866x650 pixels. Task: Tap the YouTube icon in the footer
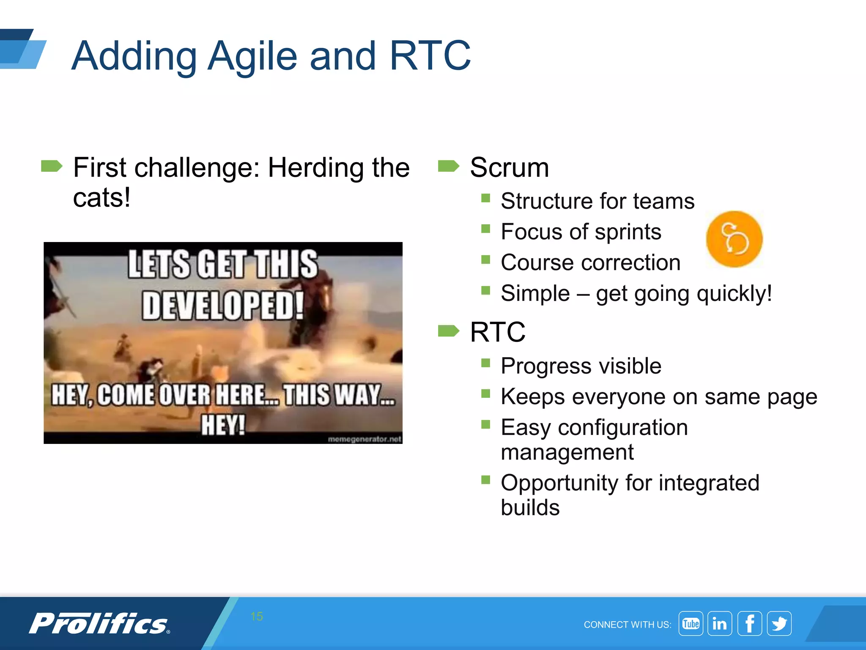point(691,623)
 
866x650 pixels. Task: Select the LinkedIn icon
point(720,623)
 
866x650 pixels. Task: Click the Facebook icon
point(749,623)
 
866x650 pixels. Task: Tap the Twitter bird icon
point(779,623)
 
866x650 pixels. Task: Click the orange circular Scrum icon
point(734,239)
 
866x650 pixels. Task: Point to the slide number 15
point(257,616)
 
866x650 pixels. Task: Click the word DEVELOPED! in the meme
point(223,305)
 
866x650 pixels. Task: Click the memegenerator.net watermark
point(364,439)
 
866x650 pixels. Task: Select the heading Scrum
point(509,167)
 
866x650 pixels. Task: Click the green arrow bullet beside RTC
point(448,331)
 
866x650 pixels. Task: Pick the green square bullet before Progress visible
point(485,363)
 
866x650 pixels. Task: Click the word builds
point(530,507)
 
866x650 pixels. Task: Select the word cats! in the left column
point(101,198)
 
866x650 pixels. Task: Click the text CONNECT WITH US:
point(627,625)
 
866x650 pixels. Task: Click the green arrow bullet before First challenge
point(52,166)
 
